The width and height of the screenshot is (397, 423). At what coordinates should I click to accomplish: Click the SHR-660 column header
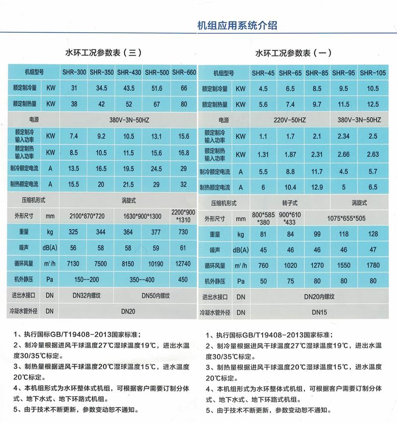(184, 72)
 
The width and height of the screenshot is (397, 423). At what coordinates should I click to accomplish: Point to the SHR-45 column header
(263, 73)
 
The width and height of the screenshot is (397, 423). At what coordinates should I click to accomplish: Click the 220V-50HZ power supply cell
(290, 120)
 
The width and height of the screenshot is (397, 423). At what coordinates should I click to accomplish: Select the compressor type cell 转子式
(290, 203)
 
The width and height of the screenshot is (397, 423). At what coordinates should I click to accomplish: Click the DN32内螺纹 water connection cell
(86, 296)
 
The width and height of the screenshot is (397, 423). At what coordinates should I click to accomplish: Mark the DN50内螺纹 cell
(156, 296)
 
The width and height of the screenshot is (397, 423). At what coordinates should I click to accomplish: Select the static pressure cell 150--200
(86, 280)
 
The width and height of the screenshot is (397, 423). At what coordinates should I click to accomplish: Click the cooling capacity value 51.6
(157, 88)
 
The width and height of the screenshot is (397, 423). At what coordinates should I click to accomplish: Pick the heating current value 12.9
(318, 187)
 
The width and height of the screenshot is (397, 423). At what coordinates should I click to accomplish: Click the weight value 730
(184, 232)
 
